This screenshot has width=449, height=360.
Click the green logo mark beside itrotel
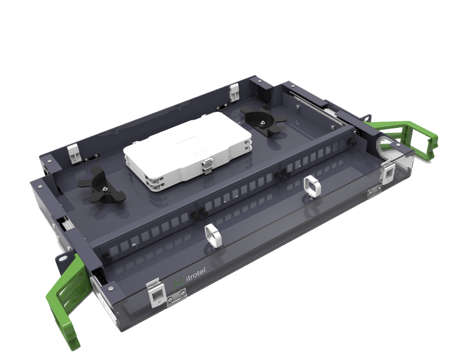coord(179,283)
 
